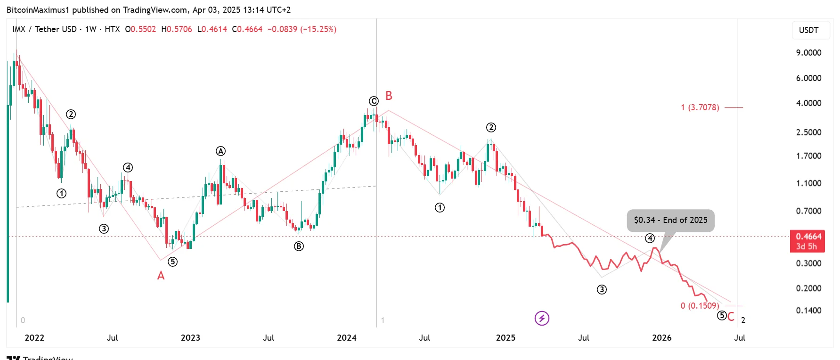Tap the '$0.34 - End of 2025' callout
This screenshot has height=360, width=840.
tap(670, 220)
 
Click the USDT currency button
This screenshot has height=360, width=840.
tap(808, 30)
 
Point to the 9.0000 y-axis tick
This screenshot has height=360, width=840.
tap(808, 53)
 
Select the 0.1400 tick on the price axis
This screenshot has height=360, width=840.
tap(808, 311)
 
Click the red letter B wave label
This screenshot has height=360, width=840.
tap(389, 96)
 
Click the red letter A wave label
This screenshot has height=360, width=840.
tap(161, 276)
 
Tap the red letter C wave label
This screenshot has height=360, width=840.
tap(731, 317)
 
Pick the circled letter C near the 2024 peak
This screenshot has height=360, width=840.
tap(374, 101)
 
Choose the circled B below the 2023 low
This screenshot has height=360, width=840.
tap(299, 246)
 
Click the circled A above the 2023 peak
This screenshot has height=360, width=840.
tap(220, 151)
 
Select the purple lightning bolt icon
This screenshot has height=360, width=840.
tap(542, 319)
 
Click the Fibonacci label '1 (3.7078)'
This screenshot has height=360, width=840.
tap(700, 107)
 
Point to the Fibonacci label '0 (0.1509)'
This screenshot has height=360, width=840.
tap(700, 306)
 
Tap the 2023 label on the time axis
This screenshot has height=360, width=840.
tap(190, 337)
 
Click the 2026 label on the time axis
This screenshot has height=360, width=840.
tap(661, 337)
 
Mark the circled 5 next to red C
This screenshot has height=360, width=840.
tap(722, 315)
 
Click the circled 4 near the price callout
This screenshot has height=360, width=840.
tap(650, 238)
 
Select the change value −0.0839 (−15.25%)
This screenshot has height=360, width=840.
tap(302, 29)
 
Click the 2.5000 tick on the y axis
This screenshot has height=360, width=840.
tap(808, 132)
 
